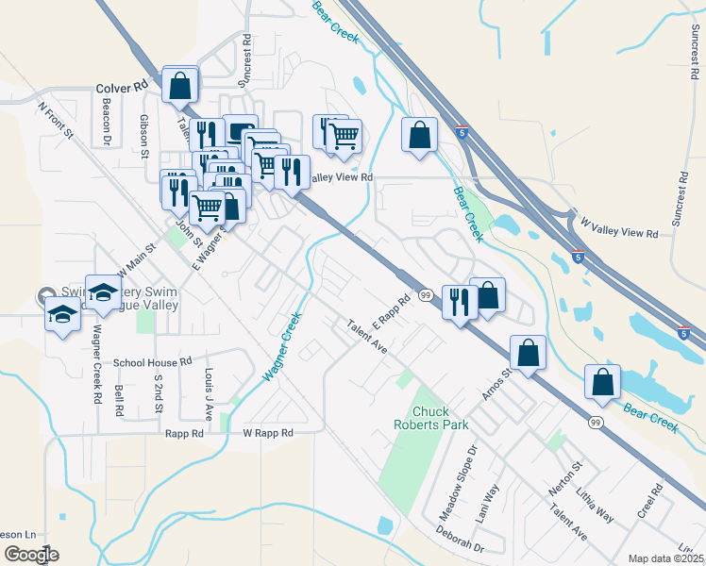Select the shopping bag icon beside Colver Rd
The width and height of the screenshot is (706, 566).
(x=179, y=86)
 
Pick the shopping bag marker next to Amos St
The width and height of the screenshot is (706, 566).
(x=529, y=353)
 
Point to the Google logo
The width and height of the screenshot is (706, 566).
(x=31, y=554)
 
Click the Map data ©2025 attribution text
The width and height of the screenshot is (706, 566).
(x=665, y=558)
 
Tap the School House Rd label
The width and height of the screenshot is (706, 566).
(x=153, y=362)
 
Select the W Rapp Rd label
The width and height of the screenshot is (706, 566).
(x=268, y=433)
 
